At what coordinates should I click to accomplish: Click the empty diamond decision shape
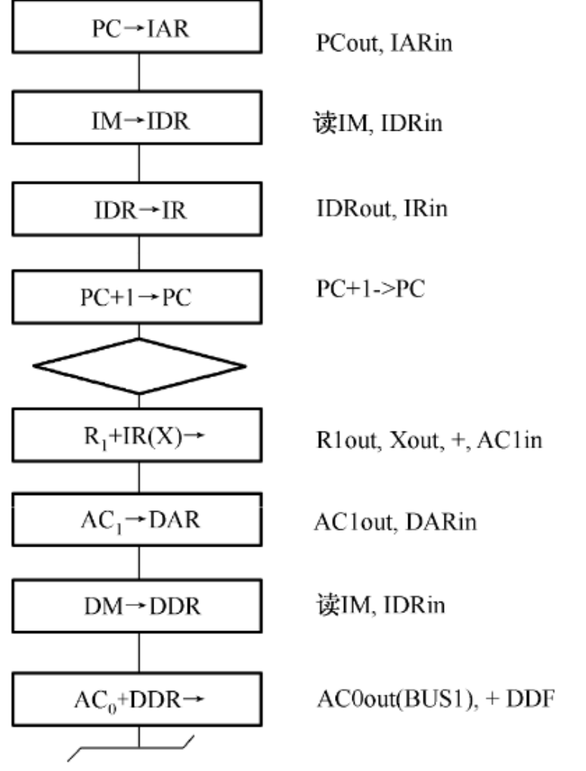[139, 366]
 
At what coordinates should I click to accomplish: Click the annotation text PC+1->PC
[370, 291]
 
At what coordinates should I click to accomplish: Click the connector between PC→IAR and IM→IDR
[138, 71]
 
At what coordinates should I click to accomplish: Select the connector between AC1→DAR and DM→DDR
[138, 565]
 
